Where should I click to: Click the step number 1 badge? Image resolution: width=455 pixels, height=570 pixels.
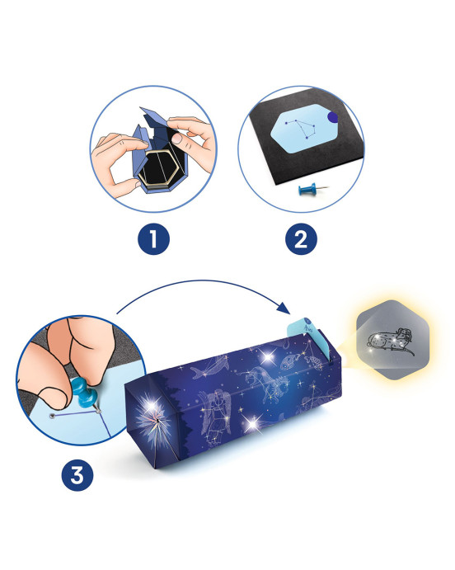coord(153,239)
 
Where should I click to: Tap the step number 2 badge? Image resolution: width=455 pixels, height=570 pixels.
coord(301,239)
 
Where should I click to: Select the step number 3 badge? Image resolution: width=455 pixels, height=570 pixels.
coord(77,475)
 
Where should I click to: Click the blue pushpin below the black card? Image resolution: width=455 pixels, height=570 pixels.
coord(312,189)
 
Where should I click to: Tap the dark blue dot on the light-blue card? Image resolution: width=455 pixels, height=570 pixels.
coord(332,117)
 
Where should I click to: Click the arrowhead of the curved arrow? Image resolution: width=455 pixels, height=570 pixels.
coord(284,309)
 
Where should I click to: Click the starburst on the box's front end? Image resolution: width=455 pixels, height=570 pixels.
coord(152,418)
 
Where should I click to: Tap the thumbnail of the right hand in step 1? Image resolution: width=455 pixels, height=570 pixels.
coord(177,139)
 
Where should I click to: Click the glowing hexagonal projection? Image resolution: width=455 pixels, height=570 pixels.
coord(392,340)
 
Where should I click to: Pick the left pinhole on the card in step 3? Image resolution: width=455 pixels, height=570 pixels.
coord(53,417)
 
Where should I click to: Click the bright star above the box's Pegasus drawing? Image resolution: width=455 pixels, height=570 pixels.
coord(268,356)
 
